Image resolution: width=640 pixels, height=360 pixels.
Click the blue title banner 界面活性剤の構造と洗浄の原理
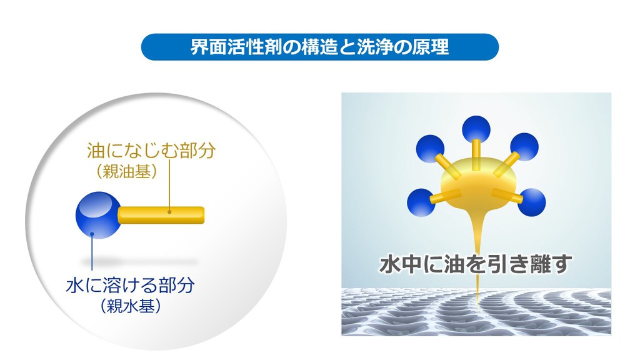pyautogui.click(x=320, y=47)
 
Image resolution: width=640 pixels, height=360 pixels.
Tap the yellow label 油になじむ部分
pyautogui.click(x=151, y=151)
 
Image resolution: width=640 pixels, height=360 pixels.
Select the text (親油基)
pyautogui.click(x=126, y=172)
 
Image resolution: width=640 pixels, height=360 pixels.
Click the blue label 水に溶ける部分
pyautogui.click(x=130, y=285)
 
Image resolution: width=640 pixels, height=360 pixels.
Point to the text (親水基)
pyautogui.click(x=130, y=306)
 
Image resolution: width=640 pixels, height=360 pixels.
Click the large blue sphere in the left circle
pyautogui.click(x=98, y=215)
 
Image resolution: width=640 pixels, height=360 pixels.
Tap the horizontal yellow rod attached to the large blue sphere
pyautogui.click(x=161, y=215)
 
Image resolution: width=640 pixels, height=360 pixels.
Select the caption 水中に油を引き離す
pyautogui.click(x=476, y=264)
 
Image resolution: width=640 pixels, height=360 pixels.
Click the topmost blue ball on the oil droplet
pyautogui.click(x=476, y=129)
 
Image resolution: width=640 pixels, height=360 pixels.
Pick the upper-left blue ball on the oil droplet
pyautogui.click(x=430, y=149)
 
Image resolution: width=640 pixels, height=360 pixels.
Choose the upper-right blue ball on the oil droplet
pyautogui.click(x=524, y=147)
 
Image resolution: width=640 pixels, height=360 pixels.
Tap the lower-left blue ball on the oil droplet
pyautogui.click(x=421, y=202)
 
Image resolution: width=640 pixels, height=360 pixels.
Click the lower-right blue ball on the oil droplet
pyautogui.click(x=532, y=202)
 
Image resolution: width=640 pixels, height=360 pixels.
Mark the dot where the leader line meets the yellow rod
pyautogui.click(x=169, y=212)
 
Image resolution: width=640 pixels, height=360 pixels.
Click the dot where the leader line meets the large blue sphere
pyautogui.click(x=92, y=234)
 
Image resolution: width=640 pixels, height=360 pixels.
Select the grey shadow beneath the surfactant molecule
pyautogui.click(x=139, y=262)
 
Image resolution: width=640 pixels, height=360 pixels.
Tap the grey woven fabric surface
pyautogui.click(x=476, y=312)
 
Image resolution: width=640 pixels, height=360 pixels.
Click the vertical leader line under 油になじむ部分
pyautogui.click(x=169, y=186)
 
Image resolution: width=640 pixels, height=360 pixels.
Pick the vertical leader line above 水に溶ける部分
pyautogui.click(x=92, y=253)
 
